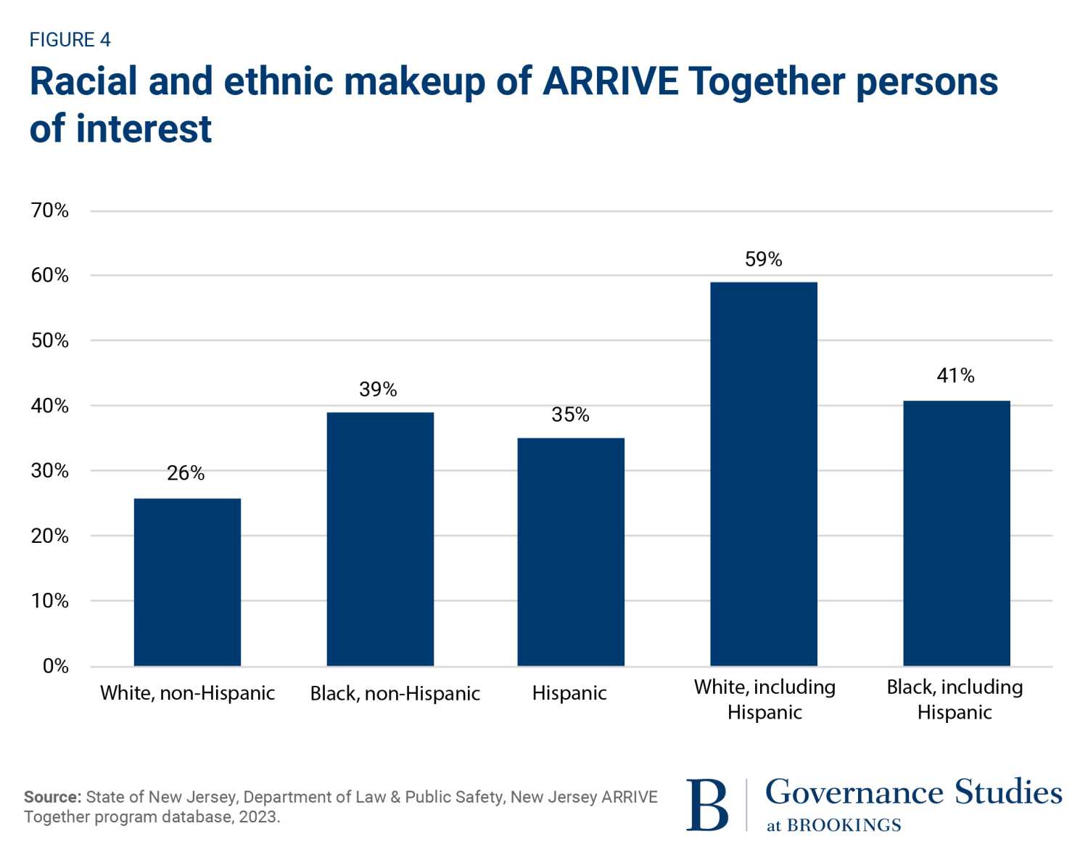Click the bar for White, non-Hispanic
pos(187,582)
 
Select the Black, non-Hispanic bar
pos(380,539)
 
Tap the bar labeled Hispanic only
pos(570,552)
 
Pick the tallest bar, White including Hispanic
pos(763,474)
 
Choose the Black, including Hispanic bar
pos(956,533)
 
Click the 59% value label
pos(763,259)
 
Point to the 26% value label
pos(186,473)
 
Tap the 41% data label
pos(955,375)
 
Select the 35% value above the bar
pos(570,414)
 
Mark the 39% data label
pos(378,390)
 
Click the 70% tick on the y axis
pos(50,210)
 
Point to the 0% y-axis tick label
pos(56,666)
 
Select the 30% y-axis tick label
pos(50,470)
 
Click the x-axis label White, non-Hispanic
pos(187,693)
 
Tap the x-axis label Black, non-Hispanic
pos(395,694)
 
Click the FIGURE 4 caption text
pos(70,40)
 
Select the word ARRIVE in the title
pos(611,81)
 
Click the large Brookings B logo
pos(706,804)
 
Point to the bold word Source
pos(52,797)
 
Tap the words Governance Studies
pos(913,792)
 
